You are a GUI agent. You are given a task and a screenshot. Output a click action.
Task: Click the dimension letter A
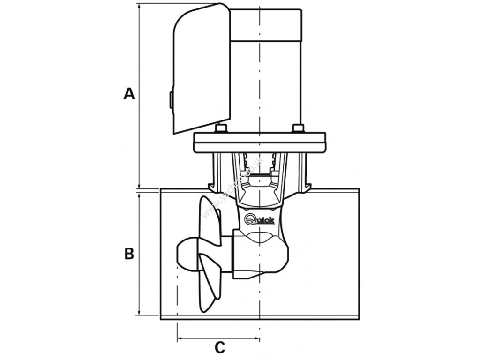[129, 94]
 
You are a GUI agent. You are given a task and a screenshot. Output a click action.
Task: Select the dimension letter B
[129, 254]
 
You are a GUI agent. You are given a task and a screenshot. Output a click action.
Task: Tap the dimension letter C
[219, 347]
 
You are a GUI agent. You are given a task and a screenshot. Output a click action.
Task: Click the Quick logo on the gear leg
[260, 219]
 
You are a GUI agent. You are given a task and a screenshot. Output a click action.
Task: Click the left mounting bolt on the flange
[221, 128]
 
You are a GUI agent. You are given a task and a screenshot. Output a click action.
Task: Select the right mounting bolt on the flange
[297, 128]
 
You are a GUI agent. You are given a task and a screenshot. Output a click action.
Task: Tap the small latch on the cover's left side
[171, 99]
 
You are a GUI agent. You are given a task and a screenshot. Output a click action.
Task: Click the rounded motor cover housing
[202, 70]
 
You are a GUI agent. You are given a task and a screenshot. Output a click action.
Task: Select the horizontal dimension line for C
[218, 338]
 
